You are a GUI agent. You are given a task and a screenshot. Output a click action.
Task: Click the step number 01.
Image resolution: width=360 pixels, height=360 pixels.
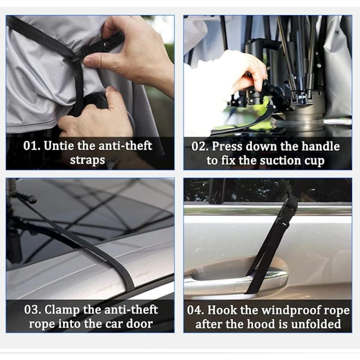tap(32, 145)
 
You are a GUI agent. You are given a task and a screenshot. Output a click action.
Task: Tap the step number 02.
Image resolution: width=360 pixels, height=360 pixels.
tap(200, 146)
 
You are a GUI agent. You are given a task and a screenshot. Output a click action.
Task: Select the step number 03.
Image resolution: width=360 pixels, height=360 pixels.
tap(32, 310)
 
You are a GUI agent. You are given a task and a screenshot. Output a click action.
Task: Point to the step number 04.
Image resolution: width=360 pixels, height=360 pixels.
tap(195, 310)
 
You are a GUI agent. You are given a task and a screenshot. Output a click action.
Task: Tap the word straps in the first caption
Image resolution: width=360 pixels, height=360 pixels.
tap(87, 160)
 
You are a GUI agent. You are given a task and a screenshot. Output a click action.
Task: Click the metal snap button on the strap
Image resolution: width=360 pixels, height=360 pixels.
tap(106, 44)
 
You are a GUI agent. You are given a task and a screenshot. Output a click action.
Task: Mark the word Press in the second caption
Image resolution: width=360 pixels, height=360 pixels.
tap(227, 146)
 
